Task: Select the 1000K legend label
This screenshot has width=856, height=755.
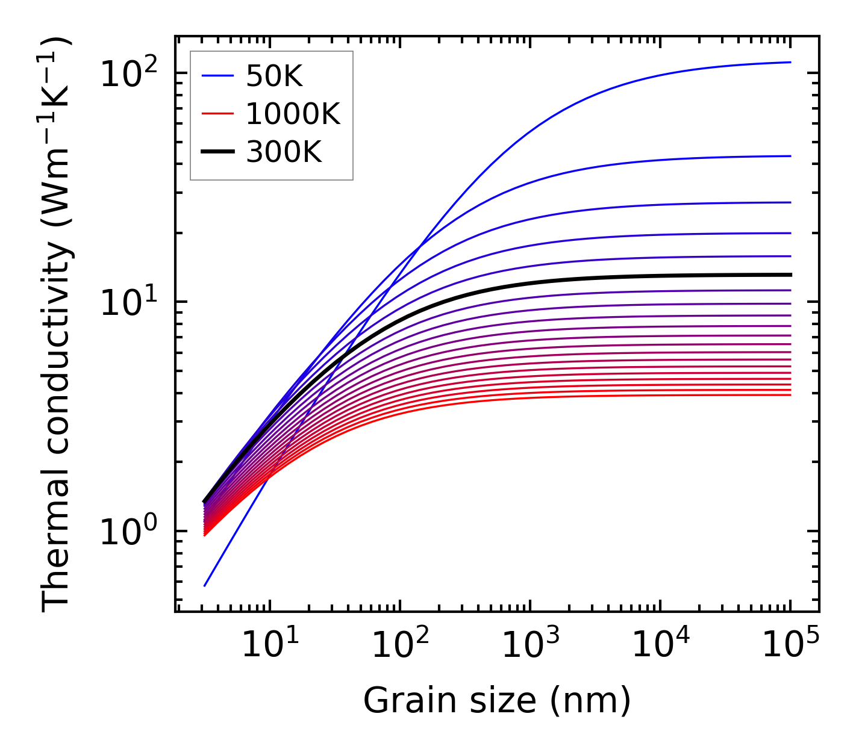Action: [293, 114]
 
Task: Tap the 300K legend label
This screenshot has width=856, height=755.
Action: [284, 152]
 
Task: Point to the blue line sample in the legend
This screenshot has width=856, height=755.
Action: [217, 76]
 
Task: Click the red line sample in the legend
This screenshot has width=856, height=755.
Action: [217, 114]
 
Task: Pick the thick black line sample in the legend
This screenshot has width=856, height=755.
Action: [217, 152]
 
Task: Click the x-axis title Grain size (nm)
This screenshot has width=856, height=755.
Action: [497, 701]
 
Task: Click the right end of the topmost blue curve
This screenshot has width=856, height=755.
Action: [790, 62]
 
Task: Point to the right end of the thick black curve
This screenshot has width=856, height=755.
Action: [790, 275]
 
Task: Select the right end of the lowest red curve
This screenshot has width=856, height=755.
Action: [790, 395]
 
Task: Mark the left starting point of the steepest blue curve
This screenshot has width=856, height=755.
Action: [205, 586]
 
